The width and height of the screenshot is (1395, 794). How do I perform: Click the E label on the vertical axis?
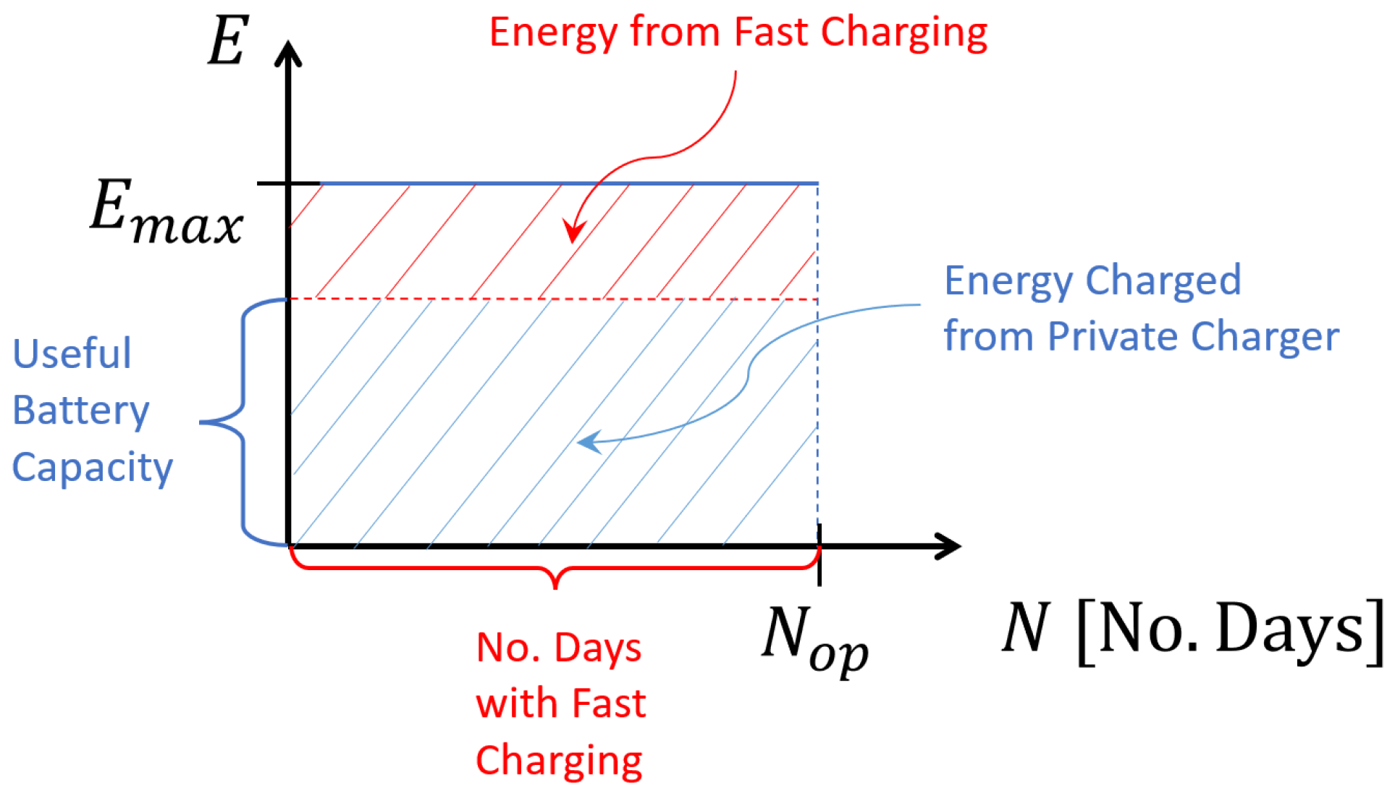point(228,41)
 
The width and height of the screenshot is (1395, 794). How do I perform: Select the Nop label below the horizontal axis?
point(814,638)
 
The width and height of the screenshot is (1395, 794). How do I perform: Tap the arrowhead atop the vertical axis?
point(288,54)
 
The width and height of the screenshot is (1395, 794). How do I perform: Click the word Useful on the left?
point(72,354)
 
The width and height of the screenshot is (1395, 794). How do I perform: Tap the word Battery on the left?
point(81,411)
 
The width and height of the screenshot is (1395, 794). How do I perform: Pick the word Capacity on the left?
point(93,467)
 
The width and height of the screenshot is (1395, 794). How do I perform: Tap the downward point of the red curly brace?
point(555,585)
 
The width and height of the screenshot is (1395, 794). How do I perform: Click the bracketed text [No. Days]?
point(1231,630)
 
